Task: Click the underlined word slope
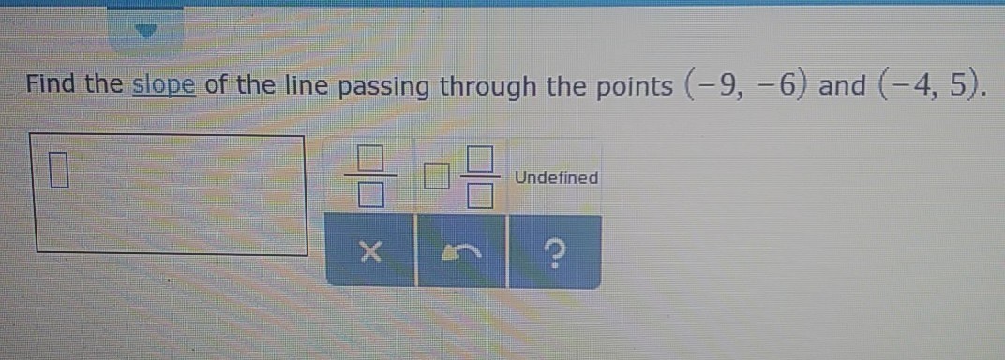pos(163,85)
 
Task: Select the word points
pos(630,87)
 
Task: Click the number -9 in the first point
pos(712,84)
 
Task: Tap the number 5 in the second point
pos(957,84)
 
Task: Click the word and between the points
pos(842,85)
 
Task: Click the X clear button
pos(369,251)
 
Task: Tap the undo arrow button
pos(461,251)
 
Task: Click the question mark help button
pos(554,251)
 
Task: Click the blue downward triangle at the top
pos(148,31)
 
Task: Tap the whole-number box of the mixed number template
pos(436,177)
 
